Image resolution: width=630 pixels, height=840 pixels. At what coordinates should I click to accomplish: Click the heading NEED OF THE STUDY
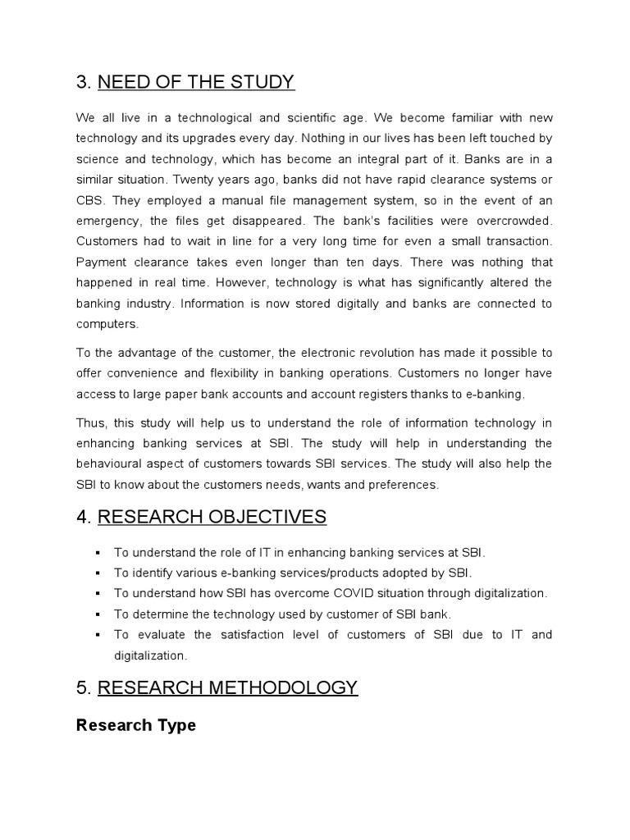[196, 82]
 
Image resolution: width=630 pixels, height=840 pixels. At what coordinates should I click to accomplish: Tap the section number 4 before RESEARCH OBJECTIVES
[83, 517]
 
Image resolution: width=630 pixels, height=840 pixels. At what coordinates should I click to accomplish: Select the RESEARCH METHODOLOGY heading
[227, 687]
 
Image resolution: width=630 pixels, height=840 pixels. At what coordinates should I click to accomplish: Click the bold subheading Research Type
[135, 725]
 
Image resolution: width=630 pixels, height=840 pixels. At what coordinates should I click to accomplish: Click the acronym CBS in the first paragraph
[88, 201]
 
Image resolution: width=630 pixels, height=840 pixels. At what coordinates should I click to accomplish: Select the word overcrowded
[512, 221]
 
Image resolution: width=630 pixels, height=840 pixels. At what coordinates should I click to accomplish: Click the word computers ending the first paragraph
[107, 324]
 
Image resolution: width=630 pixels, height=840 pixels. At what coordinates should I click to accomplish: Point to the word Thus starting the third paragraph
[89, 423]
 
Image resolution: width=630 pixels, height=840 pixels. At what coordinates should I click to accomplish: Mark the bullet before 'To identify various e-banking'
[98, 573]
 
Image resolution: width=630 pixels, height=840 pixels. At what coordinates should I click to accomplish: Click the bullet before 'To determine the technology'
[98, 614]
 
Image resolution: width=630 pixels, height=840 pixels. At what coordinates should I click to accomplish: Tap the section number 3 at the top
[82, 82]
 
